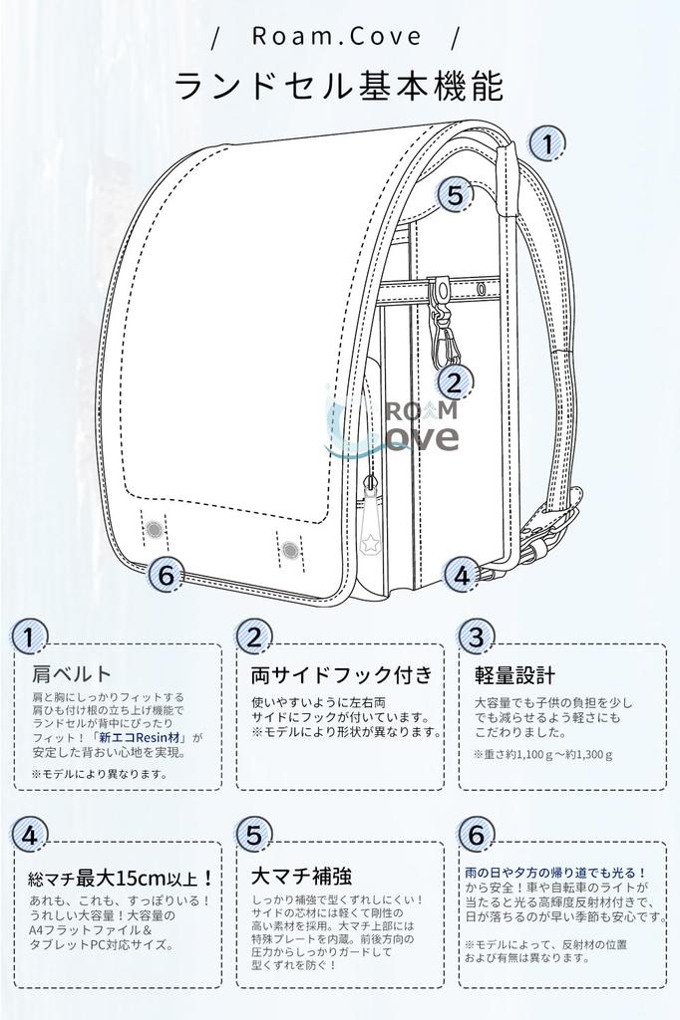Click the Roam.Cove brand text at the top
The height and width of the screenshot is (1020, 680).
pos(337,37)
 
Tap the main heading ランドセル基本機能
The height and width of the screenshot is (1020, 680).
pos(339,87)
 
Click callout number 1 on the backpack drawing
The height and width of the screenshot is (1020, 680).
pos(546,144)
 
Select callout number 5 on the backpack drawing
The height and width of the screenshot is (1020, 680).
pos(455,195)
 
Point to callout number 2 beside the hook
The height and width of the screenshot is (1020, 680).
pos(455,382)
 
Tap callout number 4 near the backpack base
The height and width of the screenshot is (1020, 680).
pos(460,575)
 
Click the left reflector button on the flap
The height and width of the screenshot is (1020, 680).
pos(155,529)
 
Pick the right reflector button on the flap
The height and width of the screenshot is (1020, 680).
pos(289,549)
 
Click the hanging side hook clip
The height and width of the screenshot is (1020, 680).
pos(440,324)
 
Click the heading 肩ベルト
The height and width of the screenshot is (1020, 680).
pos(72,674)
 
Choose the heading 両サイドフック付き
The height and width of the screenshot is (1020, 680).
pos(341,674)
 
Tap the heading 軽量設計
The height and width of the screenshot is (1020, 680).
pos(514,674)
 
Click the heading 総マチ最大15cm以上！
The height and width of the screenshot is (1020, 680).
pos(121,879)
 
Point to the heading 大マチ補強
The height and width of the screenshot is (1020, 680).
pos(301,877)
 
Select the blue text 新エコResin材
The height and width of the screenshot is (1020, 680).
pos(141,738)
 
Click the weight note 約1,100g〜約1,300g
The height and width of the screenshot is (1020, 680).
pos(544,754)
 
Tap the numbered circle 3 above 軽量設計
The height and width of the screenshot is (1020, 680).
pos(477,637)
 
